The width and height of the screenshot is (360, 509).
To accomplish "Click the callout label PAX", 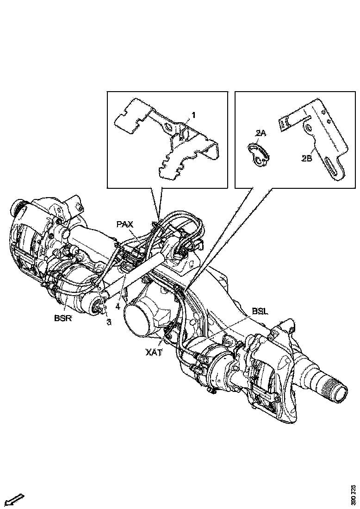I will (x=124, y=224).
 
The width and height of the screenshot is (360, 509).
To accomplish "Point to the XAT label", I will (x=154, y=353).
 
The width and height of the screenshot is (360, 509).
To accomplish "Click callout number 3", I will (x=109, y=322).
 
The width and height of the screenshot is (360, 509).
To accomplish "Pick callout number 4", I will (x=118, y=306).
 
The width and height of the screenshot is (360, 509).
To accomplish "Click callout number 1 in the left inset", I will (x=193, y=114).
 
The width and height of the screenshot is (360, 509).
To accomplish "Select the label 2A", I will (x=261, y=133).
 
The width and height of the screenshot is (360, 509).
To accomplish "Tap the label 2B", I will (x=306, y=158).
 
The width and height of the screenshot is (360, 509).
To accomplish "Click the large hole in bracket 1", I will (x=167, y=126).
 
